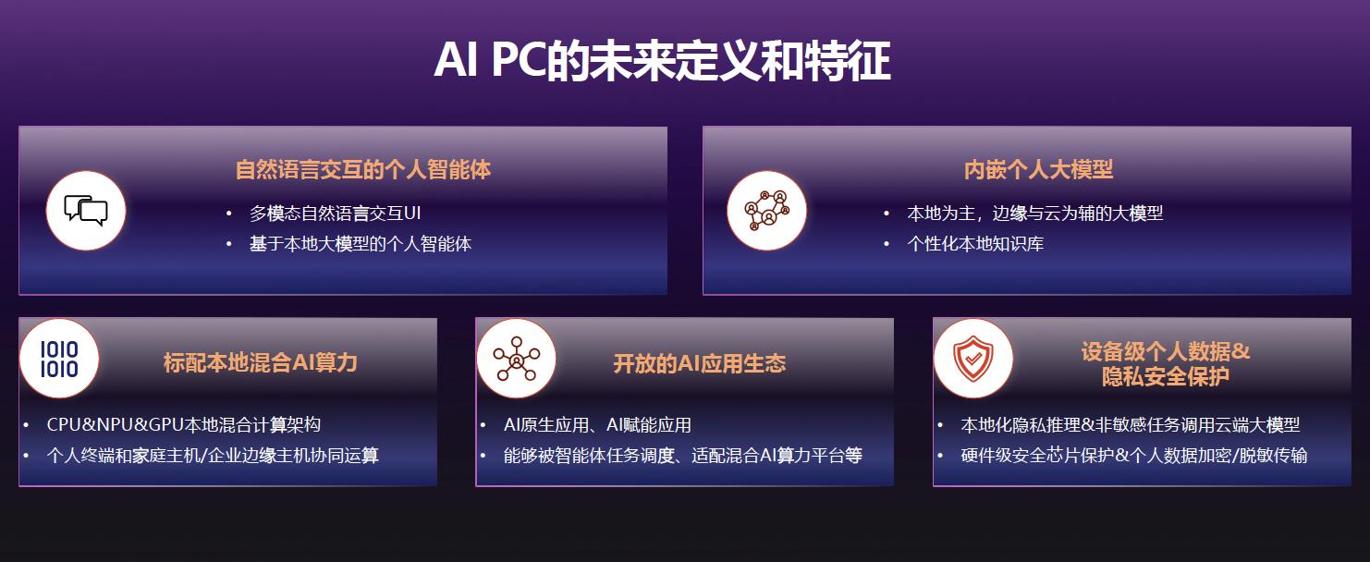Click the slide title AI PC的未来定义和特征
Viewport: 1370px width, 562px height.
coord(662,60)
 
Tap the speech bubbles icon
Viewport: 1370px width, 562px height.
coord(86,211)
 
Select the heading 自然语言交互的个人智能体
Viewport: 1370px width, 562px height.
coord(363,169)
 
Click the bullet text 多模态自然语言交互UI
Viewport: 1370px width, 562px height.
coord(336,214)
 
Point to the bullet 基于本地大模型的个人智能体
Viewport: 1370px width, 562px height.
coord(361,244)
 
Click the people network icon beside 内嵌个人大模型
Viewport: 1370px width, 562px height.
coord(766,211)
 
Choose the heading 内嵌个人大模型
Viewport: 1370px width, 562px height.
coord(1038,169)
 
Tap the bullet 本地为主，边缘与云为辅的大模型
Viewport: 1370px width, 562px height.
coord(1034,214)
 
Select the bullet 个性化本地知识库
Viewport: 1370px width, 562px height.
coord(975,244)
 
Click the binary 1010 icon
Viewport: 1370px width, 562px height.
coord(59,359)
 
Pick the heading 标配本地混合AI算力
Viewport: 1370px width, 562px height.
coord(261,362)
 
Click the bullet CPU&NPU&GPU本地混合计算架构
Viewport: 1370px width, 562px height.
coord(183,424)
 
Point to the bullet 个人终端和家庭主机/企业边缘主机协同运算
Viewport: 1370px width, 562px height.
coord(213,455)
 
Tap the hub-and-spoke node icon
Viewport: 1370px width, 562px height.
coord(516,359)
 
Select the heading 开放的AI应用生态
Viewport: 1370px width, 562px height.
coord(699,364)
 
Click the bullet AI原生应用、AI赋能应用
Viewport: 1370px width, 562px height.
coord(597,424)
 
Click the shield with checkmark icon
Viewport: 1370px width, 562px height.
coord(973,359)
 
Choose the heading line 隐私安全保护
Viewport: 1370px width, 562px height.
coord(1165,376)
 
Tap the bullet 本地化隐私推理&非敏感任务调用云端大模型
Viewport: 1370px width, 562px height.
coord(1131,424)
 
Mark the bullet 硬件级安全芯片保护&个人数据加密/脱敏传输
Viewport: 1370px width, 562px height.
coord(1134,455)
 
